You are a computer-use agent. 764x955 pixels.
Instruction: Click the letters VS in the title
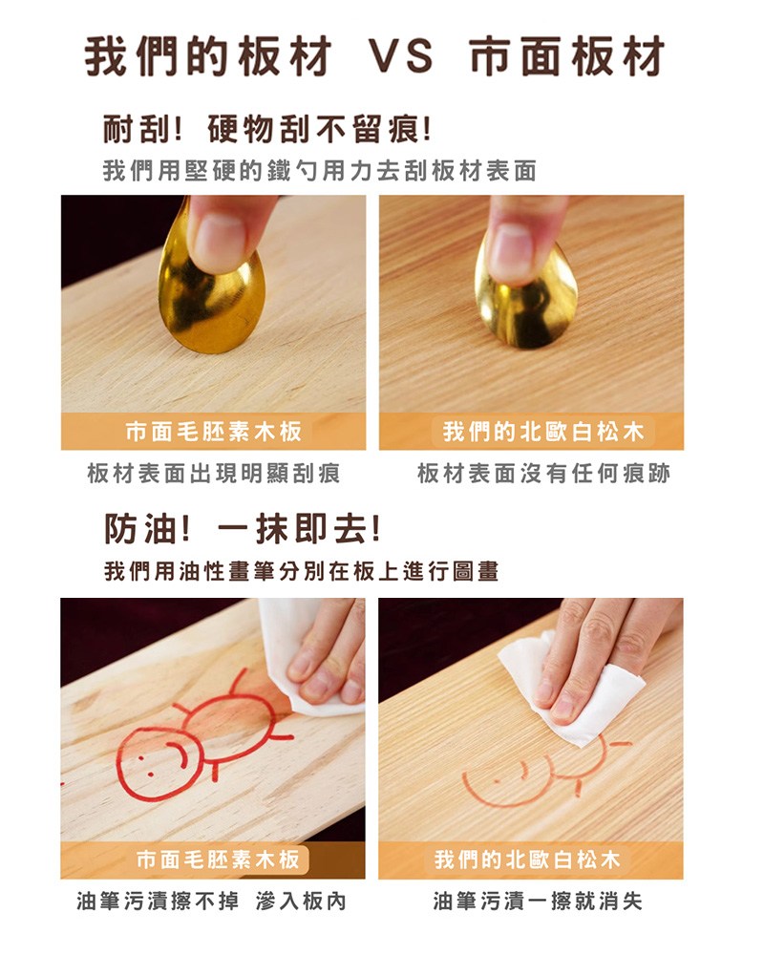(400, 57)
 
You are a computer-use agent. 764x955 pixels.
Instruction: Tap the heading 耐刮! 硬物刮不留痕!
(266, 128)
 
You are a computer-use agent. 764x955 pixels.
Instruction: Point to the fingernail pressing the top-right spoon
(512, 251)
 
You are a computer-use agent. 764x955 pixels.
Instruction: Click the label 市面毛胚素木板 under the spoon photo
(214, 432)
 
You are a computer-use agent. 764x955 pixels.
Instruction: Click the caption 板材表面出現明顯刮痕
(213, 474)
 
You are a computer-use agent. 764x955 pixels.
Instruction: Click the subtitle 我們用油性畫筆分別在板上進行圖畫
(301, 571)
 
